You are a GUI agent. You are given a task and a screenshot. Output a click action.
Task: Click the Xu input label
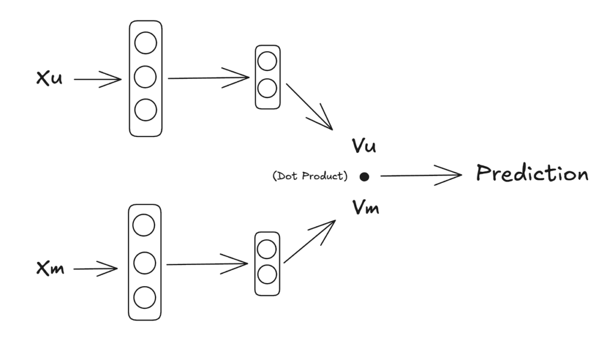point(49,78)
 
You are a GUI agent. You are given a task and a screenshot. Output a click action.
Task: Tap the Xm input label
point(50,268)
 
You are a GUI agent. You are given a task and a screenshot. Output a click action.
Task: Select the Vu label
point(364,145)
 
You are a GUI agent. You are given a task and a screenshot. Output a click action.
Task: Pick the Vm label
point(366,207)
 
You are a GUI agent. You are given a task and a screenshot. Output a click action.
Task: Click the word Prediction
point(532,173)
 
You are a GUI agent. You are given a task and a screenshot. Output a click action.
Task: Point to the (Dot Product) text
point(310,176)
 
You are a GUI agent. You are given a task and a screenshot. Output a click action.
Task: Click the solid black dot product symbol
point(365,177)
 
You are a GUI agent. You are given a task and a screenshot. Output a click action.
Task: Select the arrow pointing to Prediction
point(421,175)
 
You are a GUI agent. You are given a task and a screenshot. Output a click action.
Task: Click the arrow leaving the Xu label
point(98,79)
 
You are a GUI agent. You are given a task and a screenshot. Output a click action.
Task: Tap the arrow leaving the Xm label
point(95,269)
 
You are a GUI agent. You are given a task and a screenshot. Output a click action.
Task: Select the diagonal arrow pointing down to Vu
point(309,107)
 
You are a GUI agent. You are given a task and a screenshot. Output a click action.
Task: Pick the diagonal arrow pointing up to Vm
point(309,242)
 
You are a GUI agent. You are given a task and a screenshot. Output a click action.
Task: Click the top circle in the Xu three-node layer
point(145,43)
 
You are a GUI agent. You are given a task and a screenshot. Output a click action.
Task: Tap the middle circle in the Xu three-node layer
point(145,76)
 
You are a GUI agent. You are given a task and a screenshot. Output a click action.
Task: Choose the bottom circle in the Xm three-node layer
point(144,297)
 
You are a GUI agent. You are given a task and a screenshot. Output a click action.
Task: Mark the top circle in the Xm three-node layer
point(144,225)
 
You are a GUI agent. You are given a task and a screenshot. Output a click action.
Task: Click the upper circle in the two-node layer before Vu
point(267,61)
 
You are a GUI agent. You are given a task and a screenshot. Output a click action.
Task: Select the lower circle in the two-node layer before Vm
point(267,275)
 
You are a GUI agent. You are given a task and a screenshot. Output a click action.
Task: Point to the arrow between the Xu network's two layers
point(208,78)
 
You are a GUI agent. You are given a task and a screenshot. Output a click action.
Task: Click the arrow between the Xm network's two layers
point(207,264)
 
